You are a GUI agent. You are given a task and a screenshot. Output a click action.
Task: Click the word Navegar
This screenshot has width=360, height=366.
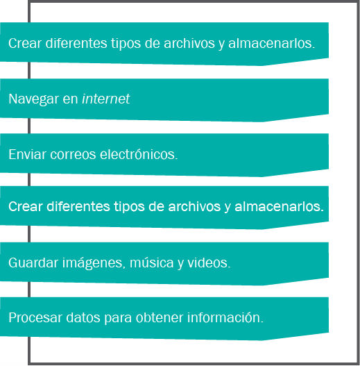[34, 99]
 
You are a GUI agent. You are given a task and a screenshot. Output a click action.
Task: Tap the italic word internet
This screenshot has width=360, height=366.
[106, 99]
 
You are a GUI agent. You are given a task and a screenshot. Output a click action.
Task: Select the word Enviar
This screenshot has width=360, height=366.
[27, 154]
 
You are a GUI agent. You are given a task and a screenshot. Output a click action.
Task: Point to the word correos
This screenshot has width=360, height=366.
[73, 154]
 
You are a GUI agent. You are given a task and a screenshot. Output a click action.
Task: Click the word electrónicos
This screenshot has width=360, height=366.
[139, 154]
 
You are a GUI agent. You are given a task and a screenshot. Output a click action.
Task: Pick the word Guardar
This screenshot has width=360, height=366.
[33, 263]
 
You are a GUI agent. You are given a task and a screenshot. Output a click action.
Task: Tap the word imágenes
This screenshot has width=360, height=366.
[92, 263]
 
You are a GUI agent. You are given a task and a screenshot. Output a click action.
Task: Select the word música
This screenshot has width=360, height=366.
[151, 263]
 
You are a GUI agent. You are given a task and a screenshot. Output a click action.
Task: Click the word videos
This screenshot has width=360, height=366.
[209, 263]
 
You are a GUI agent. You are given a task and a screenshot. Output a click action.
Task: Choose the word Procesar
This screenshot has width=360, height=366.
[35, 317]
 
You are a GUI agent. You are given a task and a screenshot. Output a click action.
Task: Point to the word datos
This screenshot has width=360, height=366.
[83, 317]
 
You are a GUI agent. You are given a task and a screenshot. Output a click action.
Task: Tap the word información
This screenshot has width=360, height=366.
[225, 317]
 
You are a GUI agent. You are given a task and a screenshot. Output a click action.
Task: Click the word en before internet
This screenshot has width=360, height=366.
[70, 99]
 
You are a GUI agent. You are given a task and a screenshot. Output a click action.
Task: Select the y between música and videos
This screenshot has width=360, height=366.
[180, 264]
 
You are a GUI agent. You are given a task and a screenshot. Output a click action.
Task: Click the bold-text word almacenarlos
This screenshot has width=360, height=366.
[280, 206]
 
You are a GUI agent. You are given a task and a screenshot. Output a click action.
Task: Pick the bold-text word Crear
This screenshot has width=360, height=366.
[26, 206]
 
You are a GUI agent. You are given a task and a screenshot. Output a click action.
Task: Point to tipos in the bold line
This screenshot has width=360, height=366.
[129, 207]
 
